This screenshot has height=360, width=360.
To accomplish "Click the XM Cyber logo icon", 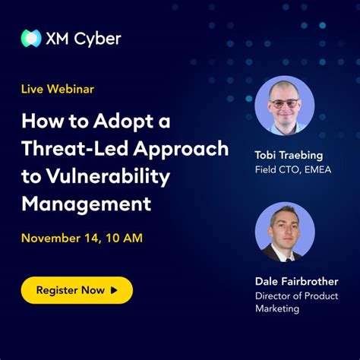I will (x=31, y=38).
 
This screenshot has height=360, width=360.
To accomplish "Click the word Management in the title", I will (x=86, y=203).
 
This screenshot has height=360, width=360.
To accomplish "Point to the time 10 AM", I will (x=122, y=238).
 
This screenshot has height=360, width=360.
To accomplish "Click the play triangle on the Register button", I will (x=114, y=290).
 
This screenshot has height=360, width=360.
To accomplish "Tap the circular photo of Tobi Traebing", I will (x=284, y=106).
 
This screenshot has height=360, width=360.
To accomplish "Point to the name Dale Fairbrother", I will (x=295, y=281).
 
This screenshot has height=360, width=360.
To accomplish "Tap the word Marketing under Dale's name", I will (x=277, y=308).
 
